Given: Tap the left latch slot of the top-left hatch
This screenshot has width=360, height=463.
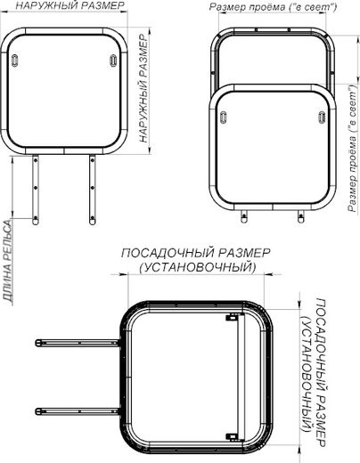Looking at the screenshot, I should (19, 61).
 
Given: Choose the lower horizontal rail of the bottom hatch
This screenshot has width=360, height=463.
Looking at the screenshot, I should (76, 410).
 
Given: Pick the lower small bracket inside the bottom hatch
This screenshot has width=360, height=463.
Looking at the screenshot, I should (233, 435).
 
